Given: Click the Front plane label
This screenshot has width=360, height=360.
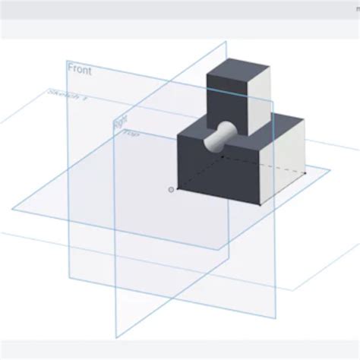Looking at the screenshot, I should click(x=80, y=69).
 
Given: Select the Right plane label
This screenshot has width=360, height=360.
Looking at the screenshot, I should click(x=120, y=121).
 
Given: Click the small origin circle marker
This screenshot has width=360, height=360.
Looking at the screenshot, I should click(x=171, y=188).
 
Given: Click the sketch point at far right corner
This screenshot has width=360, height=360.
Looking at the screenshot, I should click(x=304, y=173).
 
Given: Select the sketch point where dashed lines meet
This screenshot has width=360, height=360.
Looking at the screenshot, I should click(x=222, y=156).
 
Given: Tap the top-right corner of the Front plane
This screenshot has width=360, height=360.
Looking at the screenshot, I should click(x=227, y=42).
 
